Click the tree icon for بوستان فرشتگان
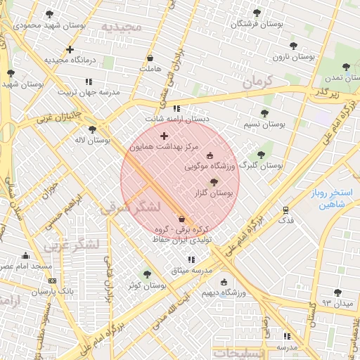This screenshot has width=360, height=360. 255,13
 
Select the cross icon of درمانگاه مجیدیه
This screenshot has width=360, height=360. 70,49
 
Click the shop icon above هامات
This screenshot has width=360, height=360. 150,58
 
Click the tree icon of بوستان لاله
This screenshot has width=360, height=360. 92,129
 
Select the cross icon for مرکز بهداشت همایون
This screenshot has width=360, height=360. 165,136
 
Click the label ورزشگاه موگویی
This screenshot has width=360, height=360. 210,167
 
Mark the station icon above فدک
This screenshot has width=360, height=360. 285,210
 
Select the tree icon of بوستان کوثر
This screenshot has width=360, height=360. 147,275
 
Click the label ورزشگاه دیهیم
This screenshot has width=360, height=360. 223,292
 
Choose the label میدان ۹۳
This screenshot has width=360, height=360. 336,302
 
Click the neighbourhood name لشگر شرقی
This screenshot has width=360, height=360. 131,208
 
